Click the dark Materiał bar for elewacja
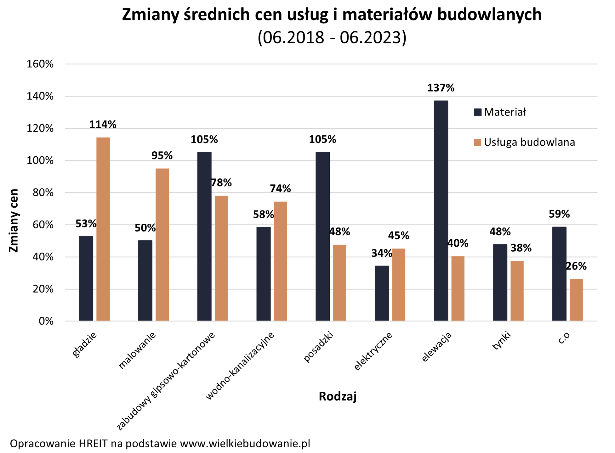(x=441, y=211)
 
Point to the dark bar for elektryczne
(x=382, y=293)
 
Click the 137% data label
(x=441, y=88)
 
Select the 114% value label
(x=103, y=125)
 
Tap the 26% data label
(x=576, y=266)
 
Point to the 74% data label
(x=280, y=188)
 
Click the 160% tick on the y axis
(x=40, y=64)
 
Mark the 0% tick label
(x=46, y=322)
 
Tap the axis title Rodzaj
(x=338, y=397)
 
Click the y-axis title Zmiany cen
(x=14, y=221)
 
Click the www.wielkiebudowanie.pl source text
(x=245, y=444)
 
